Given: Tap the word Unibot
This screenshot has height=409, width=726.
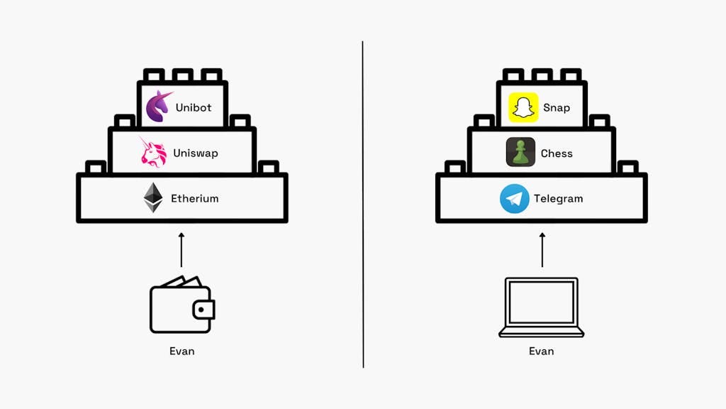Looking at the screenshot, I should pyautogui.click(x=194, y=108).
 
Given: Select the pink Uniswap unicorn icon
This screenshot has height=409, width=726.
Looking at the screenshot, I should pyautogui.click(x=153, y=153).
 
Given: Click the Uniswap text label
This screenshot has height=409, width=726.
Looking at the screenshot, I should pyautogui.click(x=196, y=153).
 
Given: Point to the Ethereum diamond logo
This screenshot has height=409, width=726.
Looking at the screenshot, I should pyautogui.click(x=153, y=198).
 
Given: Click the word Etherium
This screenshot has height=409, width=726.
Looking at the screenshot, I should pyautogui.click(x=194, y=199).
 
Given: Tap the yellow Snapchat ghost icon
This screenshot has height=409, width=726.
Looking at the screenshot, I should pyautogui.click(x=523, y=107).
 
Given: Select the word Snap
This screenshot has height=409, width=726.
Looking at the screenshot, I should pyautogui.click(x=557, y=108).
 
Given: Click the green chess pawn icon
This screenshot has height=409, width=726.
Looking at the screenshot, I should pyautogui.click(x=520, y=153).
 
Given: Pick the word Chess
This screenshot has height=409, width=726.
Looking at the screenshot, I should pyautogui.click(x=557, y=153).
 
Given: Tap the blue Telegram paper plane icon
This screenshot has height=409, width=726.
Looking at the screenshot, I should pyautogui.click(x=514, y=199).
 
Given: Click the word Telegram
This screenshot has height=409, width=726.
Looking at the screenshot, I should pyautogui.click(x=558, y=199).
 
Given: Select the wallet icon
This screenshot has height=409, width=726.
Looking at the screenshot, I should pyautogui.click(x=181, y=306).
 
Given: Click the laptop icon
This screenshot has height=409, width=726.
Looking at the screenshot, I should pyautogui.click(x=542, y=307).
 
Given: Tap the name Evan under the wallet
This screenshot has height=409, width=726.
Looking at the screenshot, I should pyautogui.click(x=181, y=351).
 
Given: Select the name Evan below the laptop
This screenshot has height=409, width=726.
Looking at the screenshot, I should pyautogui.click(x=542, y=351).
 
